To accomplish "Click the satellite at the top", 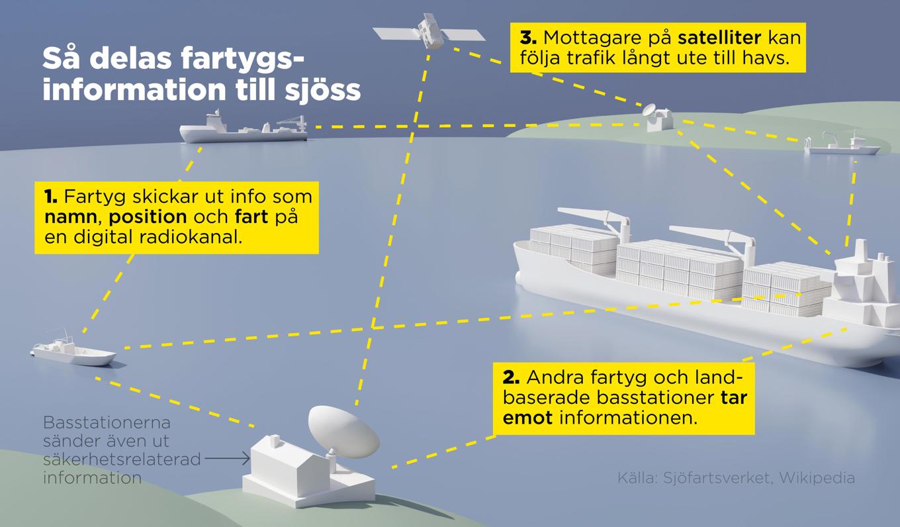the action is (429, 31).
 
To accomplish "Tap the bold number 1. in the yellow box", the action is (51, 197).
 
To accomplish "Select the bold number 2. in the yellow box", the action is (511, 378).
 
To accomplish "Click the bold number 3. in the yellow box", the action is (528, 38).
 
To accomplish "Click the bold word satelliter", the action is (719, 38).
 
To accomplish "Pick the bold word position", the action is (148, 217).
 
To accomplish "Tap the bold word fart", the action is (251, 216).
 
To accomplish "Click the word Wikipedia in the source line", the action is (817, 478).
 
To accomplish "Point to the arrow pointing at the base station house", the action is (227, 458).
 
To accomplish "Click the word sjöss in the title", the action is (323, 91).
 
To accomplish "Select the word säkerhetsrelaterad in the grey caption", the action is (122, 459).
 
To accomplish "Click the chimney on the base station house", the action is (275, 442).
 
